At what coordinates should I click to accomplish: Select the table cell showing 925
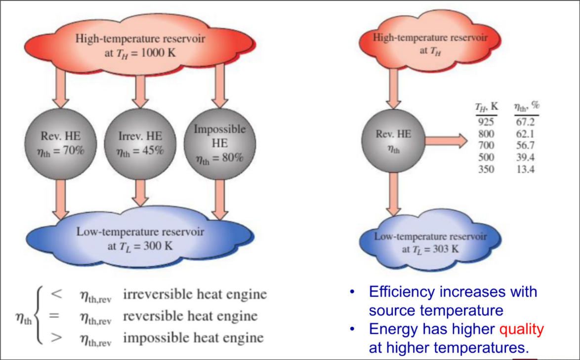[x=487, y=122]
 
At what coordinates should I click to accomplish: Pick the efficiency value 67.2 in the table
[x=525, y=122]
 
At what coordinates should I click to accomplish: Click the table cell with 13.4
[x=525, y=169]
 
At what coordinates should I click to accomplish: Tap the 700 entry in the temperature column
[x=487, y=146]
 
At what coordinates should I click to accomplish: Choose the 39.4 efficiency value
[x=525, y=158]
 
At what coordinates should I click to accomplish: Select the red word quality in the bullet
[x=522, y=329]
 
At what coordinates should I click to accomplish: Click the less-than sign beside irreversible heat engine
[x=56, y=294]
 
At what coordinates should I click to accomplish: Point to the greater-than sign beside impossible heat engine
[x=56, y=338]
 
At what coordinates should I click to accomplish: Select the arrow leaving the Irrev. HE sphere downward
[x=140, y=193]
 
